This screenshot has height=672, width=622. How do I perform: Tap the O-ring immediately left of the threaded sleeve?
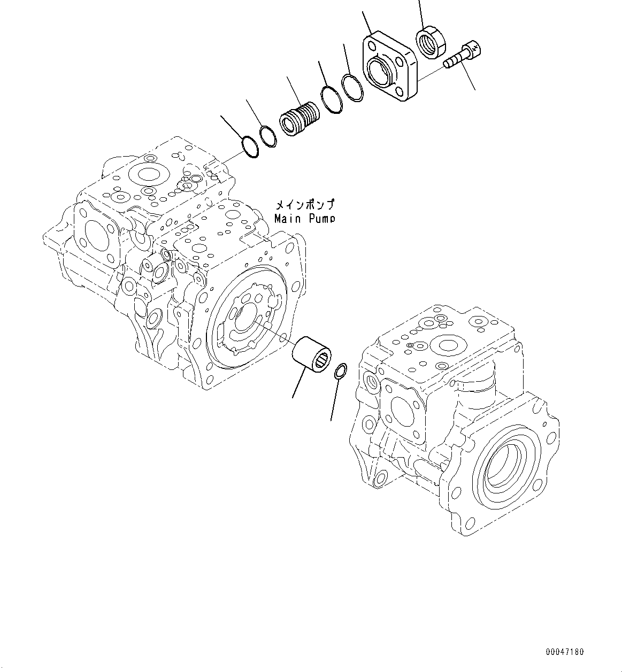coord(268,136)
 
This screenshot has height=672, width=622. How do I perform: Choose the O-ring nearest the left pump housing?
coord(249,148)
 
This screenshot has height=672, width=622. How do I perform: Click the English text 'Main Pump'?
coord(304,218)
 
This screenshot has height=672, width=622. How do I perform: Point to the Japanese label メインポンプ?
coord(304,205)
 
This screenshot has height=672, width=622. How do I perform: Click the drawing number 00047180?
coord(565,652)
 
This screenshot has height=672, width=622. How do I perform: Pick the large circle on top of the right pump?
coord(448,346)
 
